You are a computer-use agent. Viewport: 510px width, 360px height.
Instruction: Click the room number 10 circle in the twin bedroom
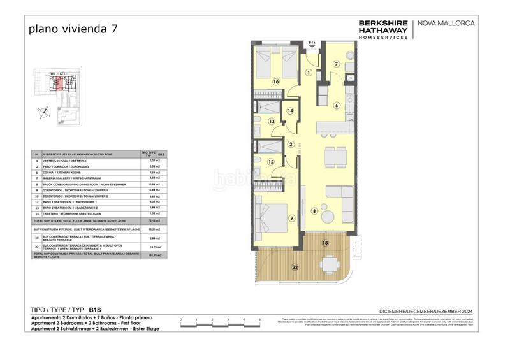(276, 82)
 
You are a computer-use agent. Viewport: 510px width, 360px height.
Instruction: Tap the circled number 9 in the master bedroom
(291, 219)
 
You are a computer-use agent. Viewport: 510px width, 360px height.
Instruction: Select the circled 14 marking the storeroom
(290, 110)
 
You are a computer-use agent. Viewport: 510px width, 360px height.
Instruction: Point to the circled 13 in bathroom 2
(271, 121)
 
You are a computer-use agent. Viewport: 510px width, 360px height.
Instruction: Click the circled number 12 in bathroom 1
(270, 162)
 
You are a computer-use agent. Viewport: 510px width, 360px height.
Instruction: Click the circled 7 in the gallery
(337, 64)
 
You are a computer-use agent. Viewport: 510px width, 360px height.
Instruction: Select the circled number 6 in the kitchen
(337, 105)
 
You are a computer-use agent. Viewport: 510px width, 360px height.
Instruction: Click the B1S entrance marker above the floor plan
(312, 42)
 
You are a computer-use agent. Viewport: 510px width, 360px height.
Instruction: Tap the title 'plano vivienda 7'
(73, 29)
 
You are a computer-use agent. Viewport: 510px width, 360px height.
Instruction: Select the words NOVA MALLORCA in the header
(446, 24)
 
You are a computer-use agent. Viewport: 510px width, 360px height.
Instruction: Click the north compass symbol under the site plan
(45, 113)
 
